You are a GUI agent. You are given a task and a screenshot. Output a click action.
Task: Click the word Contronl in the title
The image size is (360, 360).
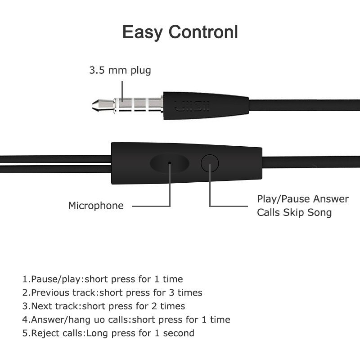(x=204, y=32)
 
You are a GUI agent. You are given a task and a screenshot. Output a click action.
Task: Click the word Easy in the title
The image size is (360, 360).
(x=144, y=33)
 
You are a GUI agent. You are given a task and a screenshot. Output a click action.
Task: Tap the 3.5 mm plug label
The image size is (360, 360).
(x=120, y=71)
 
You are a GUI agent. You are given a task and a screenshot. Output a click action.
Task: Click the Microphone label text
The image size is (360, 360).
(x=95, y=206)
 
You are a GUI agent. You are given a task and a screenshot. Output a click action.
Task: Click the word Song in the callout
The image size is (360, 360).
(x=318, y=212)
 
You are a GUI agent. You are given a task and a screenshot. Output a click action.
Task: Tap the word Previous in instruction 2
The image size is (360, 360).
(x=49, y=293)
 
